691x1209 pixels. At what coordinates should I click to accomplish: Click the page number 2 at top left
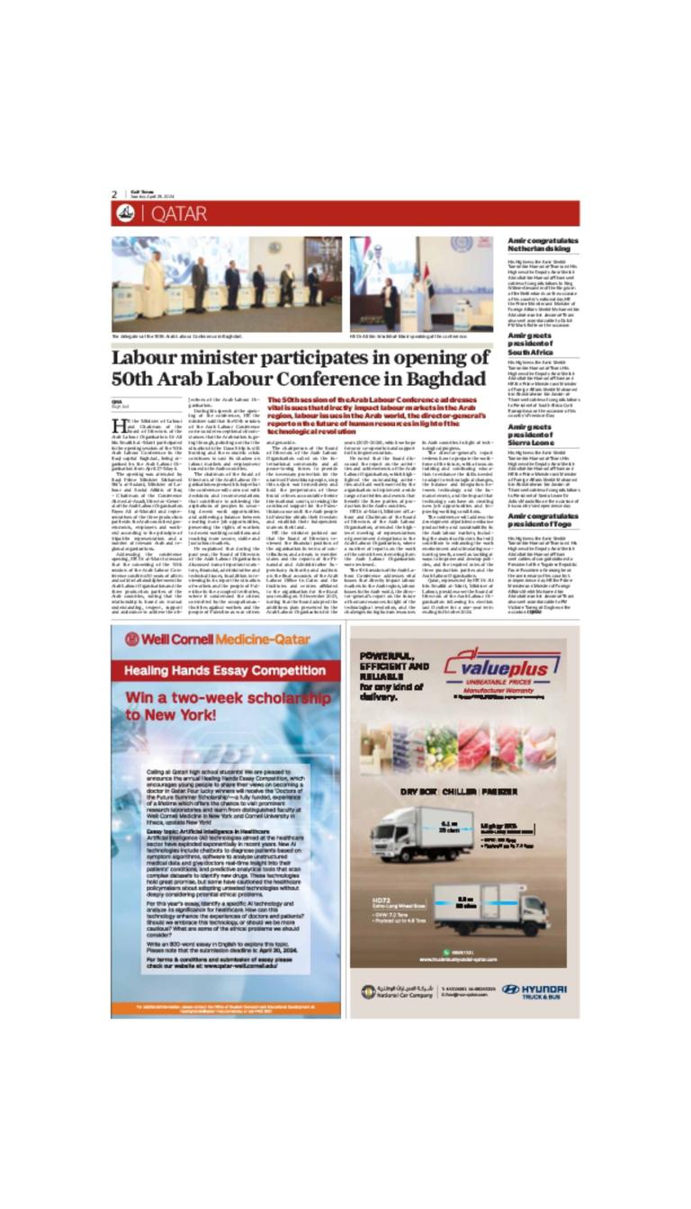[114, 194]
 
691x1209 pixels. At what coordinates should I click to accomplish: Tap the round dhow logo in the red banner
[125, 213]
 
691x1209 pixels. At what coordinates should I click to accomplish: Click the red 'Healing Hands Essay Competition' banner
[225, 671]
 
